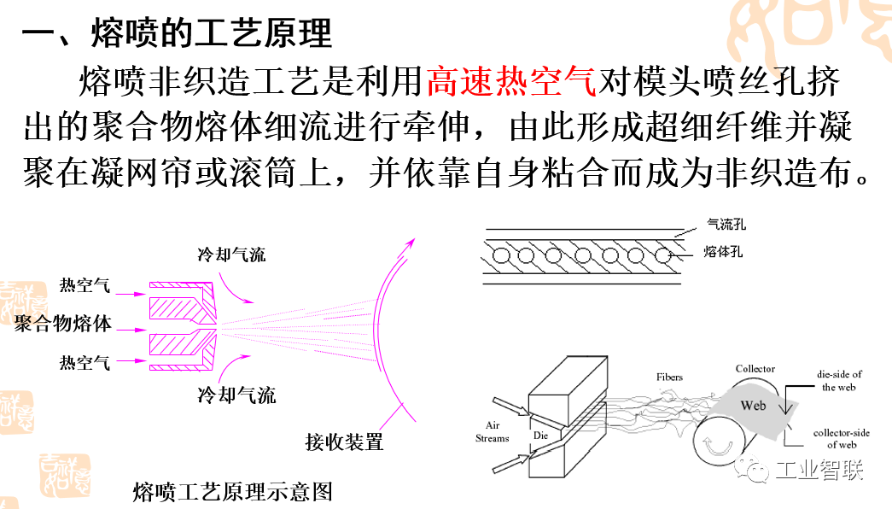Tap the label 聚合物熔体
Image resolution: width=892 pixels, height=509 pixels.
pos(62,325)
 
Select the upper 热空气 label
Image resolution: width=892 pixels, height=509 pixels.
pos(85,286)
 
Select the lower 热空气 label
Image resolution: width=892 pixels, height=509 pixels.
pos(85,363)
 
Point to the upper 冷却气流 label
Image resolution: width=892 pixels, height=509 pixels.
pos(231,254)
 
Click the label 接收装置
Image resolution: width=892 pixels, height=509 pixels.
pos(344,442)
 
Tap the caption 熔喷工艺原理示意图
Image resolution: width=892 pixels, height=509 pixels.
pos(231,492)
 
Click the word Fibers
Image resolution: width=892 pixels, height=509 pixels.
pos(669,377)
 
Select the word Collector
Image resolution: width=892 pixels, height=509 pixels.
pos(755,369)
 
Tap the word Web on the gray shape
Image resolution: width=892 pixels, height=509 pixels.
pos(753,406)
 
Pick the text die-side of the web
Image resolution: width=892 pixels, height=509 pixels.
pos(840,381)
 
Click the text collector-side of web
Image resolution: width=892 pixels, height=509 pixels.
pos(841,439)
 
